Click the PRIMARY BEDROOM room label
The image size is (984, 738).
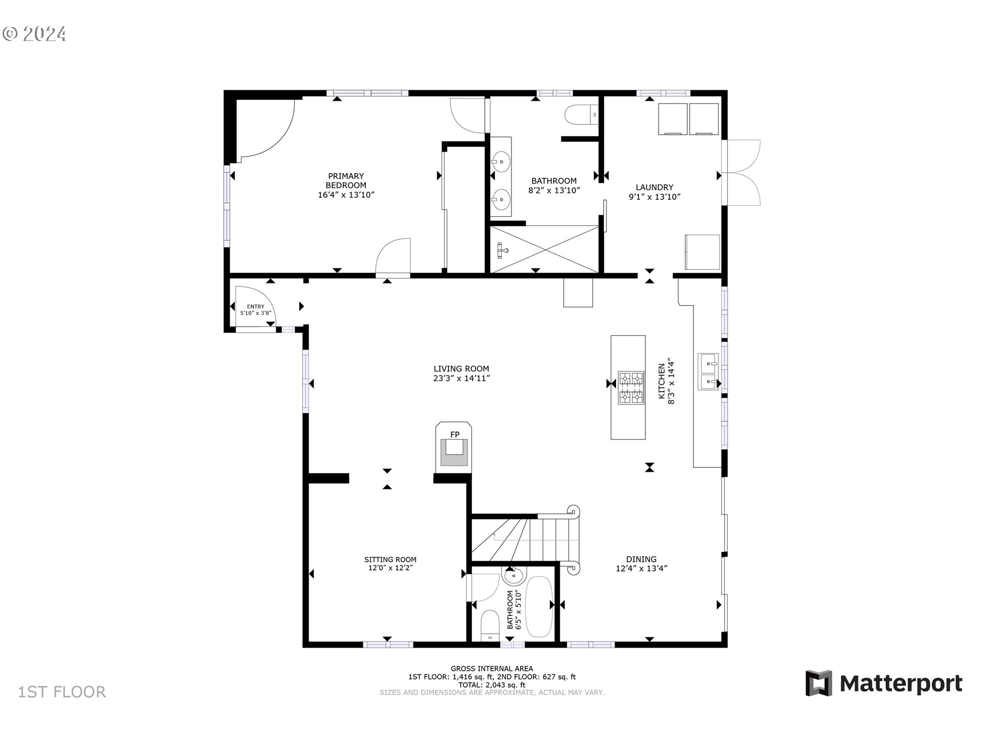coord(346,180)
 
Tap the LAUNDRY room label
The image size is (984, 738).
coord(654,188)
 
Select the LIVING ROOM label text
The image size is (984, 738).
coord(461,368)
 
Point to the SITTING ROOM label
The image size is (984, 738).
coord(391,560)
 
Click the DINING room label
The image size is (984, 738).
coord(641,559)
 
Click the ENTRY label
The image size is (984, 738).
coord(256,306)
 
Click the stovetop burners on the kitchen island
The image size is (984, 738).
coord(631,387)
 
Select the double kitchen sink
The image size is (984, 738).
coord(710,372)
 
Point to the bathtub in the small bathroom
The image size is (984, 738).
coord(538,607)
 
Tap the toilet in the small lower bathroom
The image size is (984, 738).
coord(490,626)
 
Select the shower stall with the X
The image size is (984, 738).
coord(545,250)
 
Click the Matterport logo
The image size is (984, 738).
coord(884,684)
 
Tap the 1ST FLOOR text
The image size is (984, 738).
coord(62,692)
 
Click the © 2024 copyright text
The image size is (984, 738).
coord(34,34)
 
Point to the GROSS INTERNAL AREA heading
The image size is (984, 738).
coord(491,668)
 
